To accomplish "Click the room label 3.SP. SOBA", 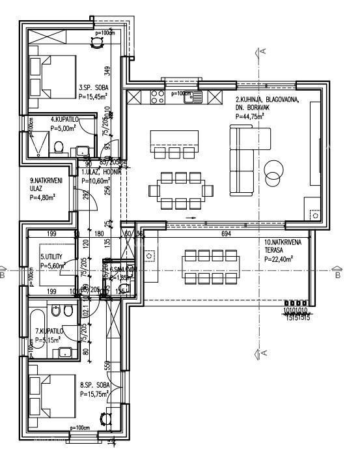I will click(93, 87).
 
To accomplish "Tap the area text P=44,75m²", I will click(250, 116).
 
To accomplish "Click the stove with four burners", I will click(157, 98).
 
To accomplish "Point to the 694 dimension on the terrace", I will click(225, 233).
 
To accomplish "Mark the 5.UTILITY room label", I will click(51, 257).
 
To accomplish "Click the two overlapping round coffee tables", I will click(275, 171).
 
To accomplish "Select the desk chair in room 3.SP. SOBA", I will click(97, 42).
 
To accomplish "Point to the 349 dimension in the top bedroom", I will click(108, 70).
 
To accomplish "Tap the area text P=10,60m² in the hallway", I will click(94, 180).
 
